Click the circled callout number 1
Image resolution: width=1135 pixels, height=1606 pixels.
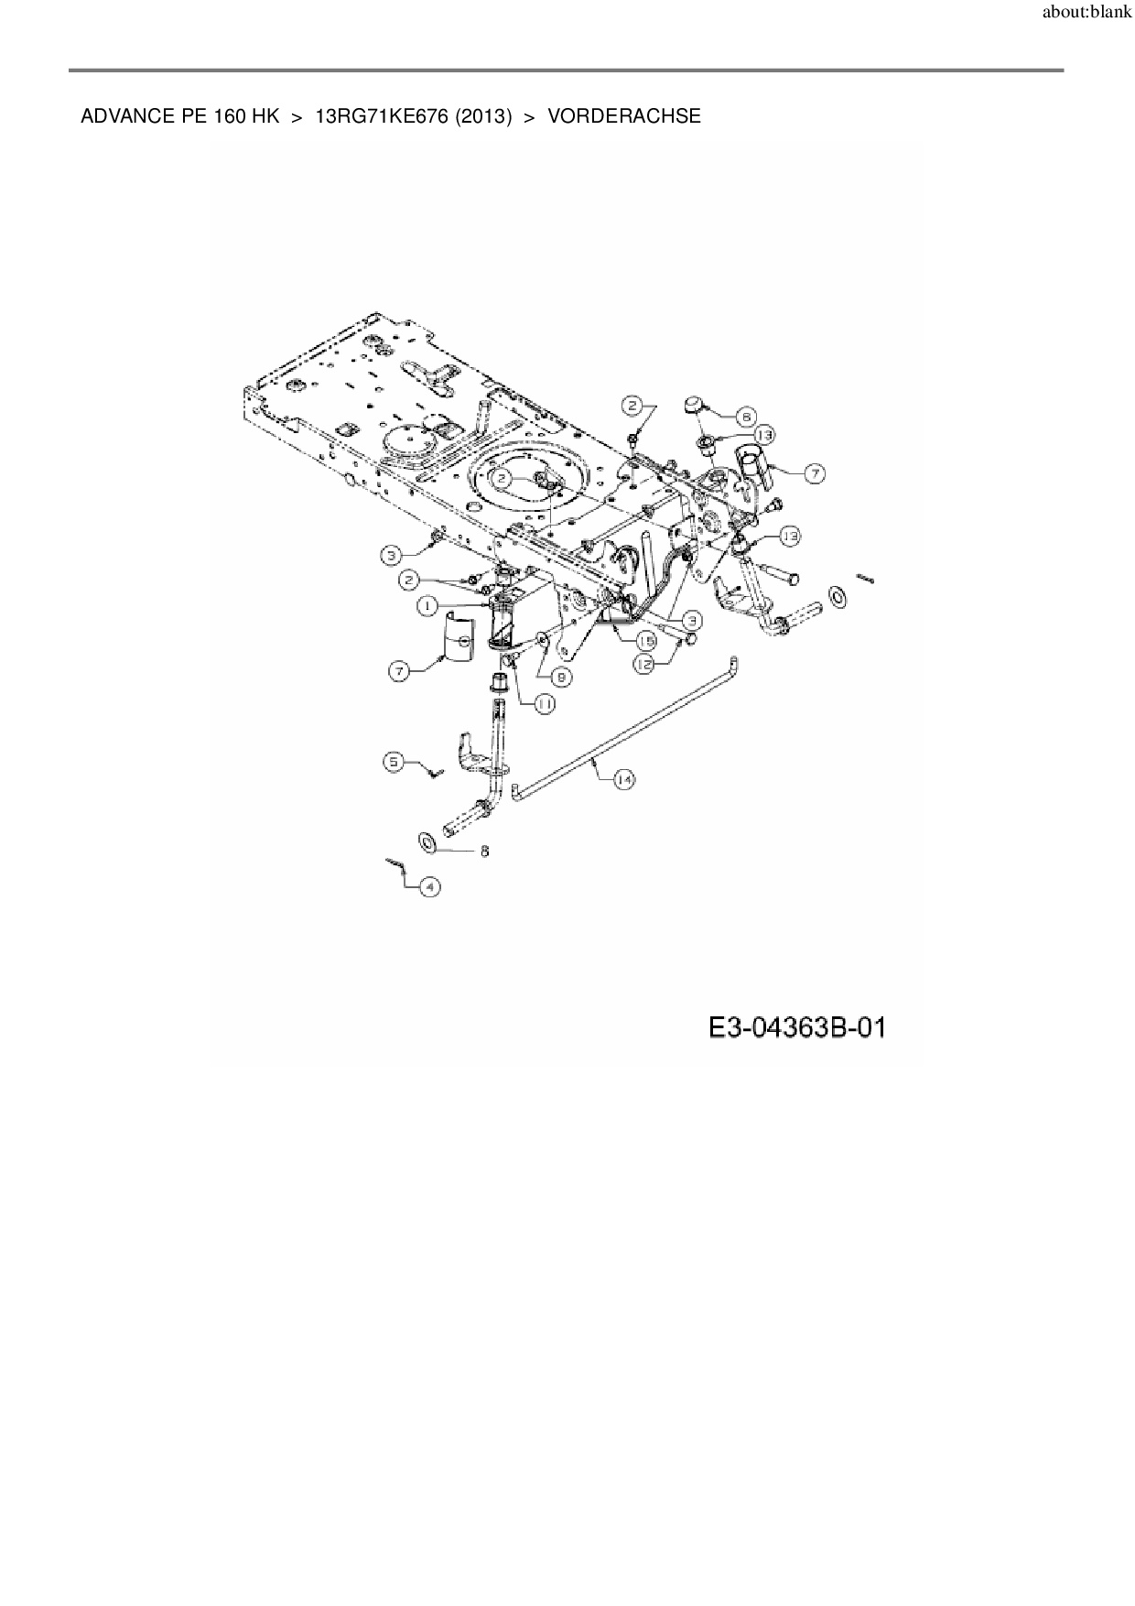[427, 606]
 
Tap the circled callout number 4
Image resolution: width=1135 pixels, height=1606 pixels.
[429, 886]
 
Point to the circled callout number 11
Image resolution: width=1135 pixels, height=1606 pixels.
[545, 703]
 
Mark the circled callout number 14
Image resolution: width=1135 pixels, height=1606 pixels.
[623, 779]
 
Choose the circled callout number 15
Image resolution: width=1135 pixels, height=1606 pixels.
[646, 641]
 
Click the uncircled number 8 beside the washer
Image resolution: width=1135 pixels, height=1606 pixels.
[484, 852]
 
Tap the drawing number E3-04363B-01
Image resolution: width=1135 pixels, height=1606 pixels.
[797, 1028]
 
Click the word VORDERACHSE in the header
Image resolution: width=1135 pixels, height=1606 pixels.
[624, 116]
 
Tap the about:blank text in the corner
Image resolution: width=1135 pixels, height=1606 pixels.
[1086, 13]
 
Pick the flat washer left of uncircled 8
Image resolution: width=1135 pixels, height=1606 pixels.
[426, 840]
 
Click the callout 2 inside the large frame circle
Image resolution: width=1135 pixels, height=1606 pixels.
[503, 478]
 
